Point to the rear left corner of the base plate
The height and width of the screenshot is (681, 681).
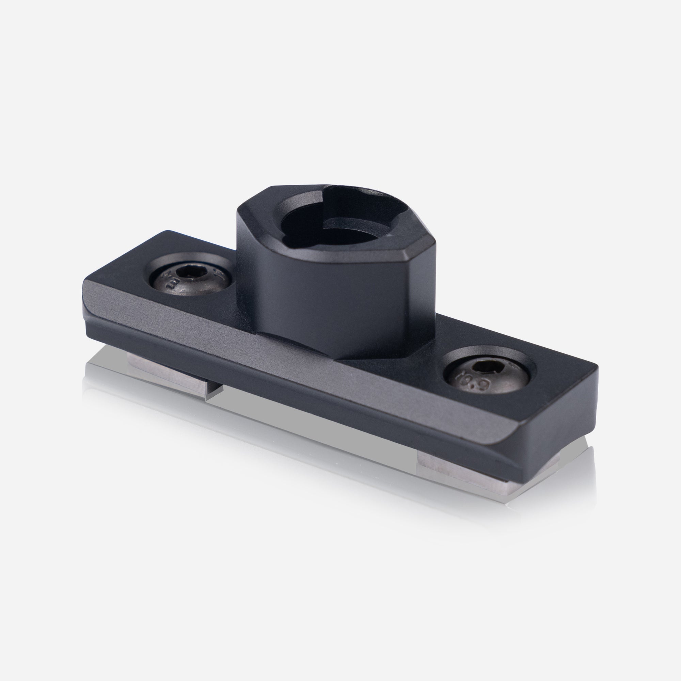pos(168,233)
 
